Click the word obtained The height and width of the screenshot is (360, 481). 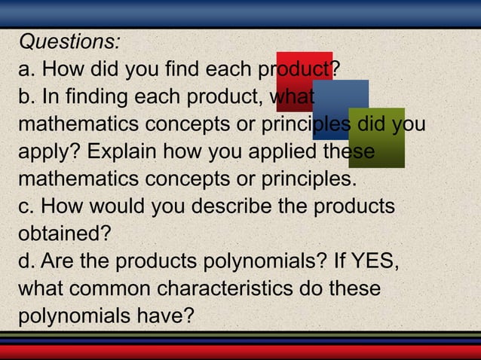tap(63, 233)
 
